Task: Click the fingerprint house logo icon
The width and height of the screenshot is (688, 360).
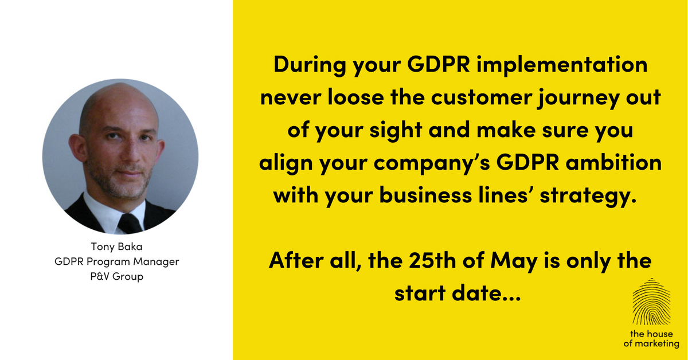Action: (651, 303)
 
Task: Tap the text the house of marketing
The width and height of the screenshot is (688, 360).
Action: (651, 338)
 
